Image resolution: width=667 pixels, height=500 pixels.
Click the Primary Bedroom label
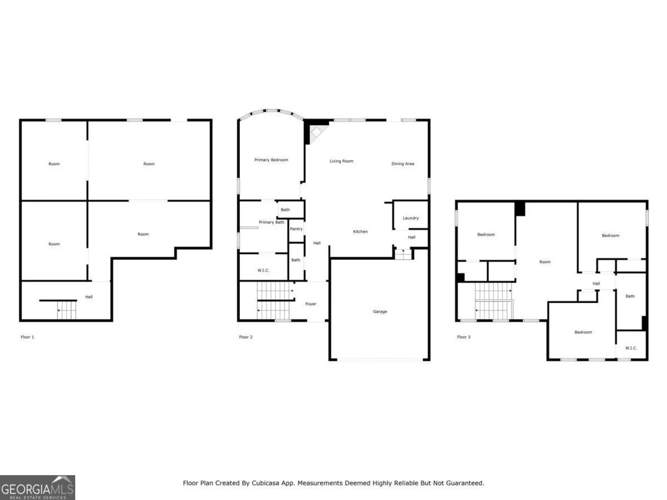pyautogui.click(x=271, y=160)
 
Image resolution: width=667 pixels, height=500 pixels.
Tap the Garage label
pyautogui.click(x=380, y=312)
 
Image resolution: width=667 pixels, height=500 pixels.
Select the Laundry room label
pyautogui.click(x=411, y=218)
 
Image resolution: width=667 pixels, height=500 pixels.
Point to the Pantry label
pyautogui.click(x=296, y=229)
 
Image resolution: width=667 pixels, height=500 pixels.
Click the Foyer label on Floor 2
pyautogui.click(x=310, y=304)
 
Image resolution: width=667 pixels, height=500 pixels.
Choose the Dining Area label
pyautogui.click(x=403, y=164)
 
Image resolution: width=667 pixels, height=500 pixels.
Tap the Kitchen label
pyautogui.click(x=360, y=232)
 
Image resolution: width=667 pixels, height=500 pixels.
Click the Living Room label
pyautogui.click(x=341, y=161)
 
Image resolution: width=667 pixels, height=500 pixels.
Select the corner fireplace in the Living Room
pyautogui.click(x=317, y=132)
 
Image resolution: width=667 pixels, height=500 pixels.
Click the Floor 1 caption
pyautogui.click(x=27, y=337)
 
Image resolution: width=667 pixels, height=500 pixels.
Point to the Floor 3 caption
pyautogui.click(x=464, y=337)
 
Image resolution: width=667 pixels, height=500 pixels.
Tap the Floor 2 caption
pyautogui.click(x=246, y=337)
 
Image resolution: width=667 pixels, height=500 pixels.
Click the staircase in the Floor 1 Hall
pyautogui.click(x=66, y=310)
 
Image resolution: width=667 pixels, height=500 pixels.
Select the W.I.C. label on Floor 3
pyautogui.click(x=631, y=348)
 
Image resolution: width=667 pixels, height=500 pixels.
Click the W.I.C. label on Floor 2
pyautogui.click(x=263, y=270)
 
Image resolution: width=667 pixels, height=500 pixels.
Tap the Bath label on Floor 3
pyautogui.click(x=630, y=296)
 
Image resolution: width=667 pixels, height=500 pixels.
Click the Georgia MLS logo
pyautogui.click(x=37, y=488)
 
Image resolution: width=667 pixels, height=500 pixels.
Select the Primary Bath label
pyautogui.click(x=271, y=222)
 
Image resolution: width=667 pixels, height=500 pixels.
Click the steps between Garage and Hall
pyautogui.click(x=403, y=255)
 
